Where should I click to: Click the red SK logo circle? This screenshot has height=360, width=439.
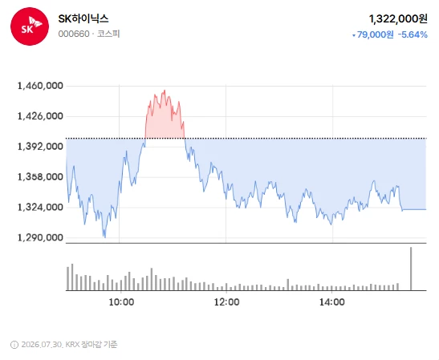tap(30, 26)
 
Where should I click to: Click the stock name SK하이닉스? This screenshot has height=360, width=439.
tap(83, 18)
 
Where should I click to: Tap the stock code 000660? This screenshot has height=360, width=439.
tap(74, 34)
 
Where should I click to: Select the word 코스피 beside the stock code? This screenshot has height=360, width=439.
tap(108, 34)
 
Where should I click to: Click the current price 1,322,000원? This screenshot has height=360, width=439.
tap(398, 19)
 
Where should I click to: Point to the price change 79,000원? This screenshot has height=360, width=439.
tap(375, 34)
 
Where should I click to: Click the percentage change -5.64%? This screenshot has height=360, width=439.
tap(413, 34)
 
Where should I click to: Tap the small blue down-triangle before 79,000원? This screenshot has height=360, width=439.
tap(354, 35)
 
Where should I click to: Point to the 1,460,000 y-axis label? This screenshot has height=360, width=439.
tap(40, 86)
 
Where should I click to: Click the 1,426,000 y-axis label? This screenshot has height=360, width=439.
tap(40, 116)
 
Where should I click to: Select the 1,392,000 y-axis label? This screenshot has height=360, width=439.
tap(40, 146)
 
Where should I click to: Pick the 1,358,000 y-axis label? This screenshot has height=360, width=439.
tap(40, 176)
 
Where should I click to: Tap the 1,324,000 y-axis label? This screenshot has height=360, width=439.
tap(40, 208)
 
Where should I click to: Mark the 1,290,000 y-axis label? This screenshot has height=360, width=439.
tap(40, 237)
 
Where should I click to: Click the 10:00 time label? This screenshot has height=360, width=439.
tap(121, 302)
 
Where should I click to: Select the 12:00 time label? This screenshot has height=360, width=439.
tap(227, 302)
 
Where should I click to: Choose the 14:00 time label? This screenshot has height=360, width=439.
tap(332, 302)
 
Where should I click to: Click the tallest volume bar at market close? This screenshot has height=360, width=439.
tap(411, 269)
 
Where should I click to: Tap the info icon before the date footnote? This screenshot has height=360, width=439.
tap(14, 345)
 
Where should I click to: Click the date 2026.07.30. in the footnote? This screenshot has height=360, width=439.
tap(42, 345)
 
